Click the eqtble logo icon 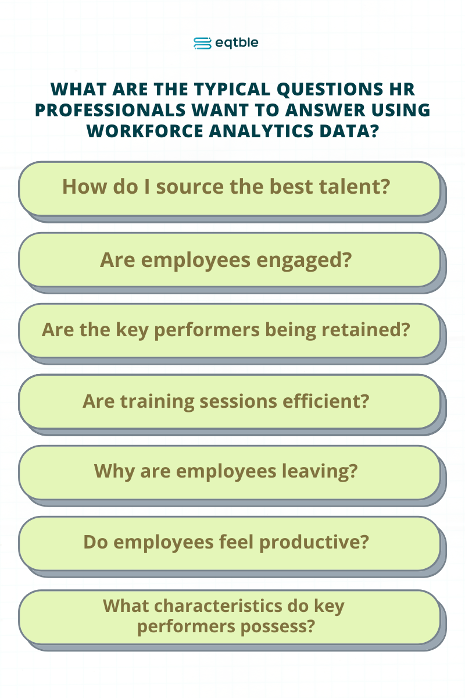pos(202,43)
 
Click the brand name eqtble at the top pos(237,43)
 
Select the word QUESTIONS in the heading pos(330,90)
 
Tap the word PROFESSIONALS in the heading pos(110,110)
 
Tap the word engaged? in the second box pos(304,261)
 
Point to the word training pos(157,402)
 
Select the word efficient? pos(325,401)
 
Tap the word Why pos(115,472)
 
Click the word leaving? pos(320,471)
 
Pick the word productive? pos(314,543)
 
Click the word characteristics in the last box pos(218,606)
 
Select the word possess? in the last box pos(278,627)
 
